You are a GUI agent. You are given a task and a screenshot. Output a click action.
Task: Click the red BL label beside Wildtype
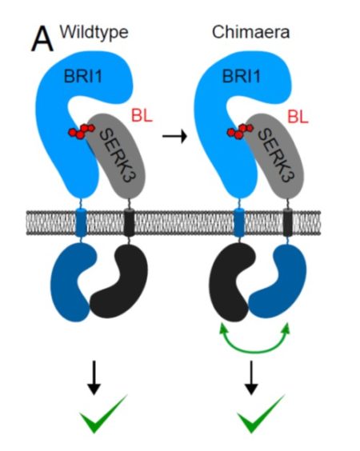142,117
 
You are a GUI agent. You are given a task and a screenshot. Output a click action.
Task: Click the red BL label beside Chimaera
298,117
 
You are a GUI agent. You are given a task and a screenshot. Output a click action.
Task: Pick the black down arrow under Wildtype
94,376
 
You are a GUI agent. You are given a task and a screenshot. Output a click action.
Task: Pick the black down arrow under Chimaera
252,376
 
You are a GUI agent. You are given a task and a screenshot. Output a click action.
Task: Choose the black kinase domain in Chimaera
228,284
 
